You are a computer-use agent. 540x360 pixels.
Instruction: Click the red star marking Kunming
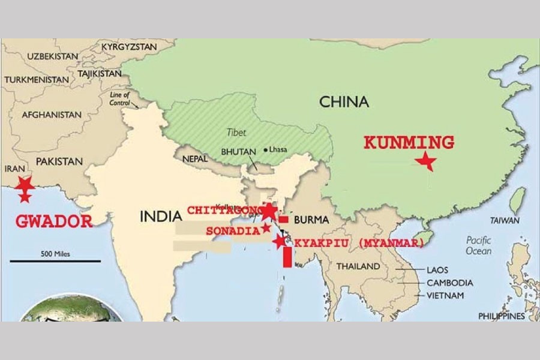coord(426,161)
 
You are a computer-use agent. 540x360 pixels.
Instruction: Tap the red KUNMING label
coord(409,143)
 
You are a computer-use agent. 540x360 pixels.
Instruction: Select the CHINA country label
coord(344,101)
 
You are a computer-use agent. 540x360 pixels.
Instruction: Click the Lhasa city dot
coord(265,149)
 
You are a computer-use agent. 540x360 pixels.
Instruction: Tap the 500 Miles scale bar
coord(55,260)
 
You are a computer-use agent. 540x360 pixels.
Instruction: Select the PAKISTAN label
coord(59,161)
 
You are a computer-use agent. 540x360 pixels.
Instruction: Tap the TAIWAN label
coord(505,220)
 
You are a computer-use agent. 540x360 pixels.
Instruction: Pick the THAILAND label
coord(358,266)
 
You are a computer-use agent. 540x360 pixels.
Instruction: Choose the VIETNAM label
coord(445,296)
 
